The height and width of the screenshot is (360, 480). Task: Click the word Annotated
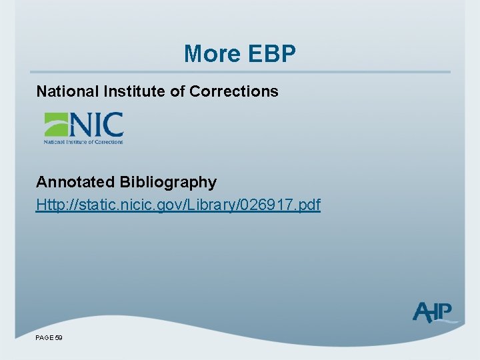(75, 182)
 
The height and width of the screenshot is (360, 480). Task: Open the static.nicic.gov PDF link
(178, 205)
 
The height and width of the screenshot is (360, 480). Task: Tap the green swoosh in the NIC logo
(56, 124)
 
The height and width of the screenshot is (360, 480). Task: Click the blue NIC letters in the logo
(96, 125)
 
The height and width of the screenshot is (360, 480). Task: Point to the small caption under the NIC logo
(83, 141)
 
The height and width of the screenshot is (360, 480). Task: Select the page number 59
(59, 339)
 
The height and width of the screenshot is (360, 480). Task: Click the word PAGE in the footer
(45, 339)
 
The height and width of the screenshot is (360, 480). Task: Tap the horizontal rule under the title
(240, 72)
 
